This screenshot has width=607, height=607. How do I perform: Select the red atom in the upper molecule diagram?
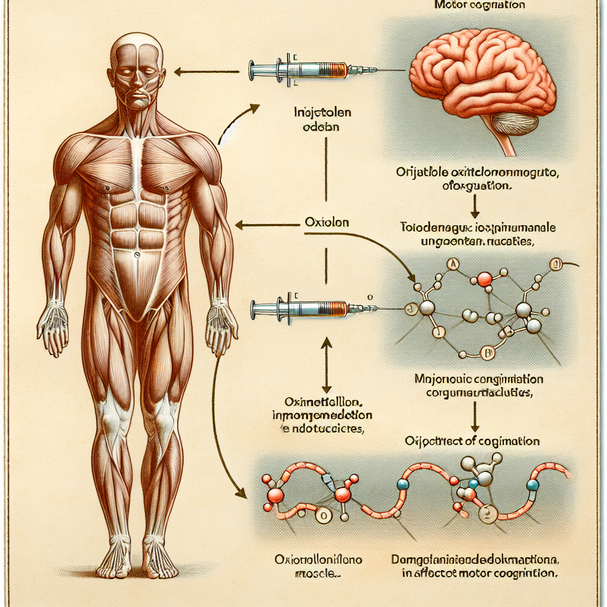click(484, 279)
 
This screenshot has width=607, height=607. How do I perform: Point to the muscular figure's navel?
click(136, 255)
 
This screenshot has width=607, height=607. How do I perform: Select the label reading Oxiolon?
click(325, 223)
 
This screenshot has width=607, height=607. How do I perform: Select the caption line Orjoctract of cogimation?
click(472, 441)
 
